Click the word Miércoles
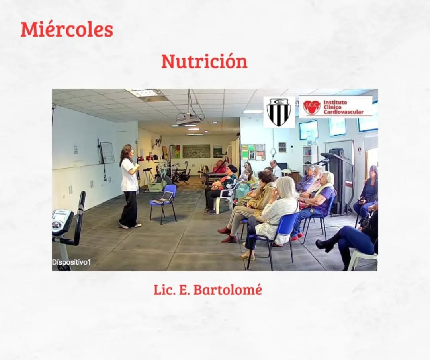67,29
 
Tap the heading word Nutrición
204,61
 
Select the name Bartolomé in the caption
227,290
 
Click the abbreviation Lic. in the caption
164,290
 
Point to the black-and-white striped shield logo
279,112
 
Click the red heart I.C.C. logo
311,107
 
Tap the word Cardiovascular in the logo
343,112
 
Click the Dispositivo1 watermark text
71,262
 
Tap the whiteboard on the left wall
107,153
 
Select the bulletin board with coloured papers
253,152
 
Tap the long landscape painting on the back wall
196,151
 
